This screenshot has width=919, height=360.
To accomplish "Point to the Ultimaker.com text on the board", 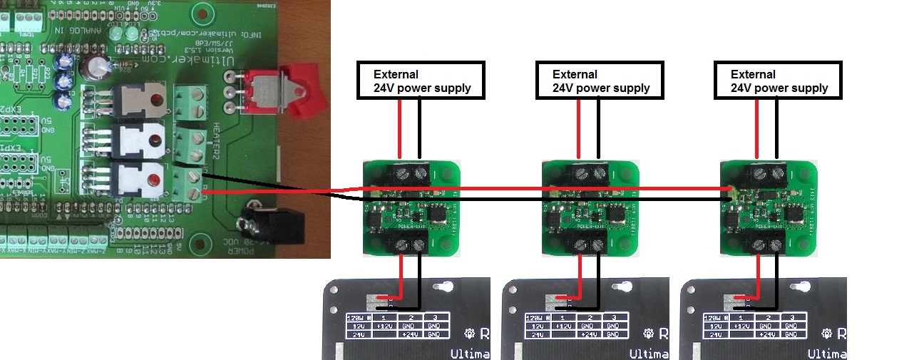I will point(171,61).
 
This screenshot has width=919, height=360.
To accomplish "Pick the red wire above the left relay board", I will point(400,128).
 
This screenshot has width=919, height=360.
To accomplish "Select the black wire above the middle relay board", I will point(598,128).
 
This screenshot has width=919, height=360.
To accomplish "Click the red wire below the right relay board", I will point(757,274).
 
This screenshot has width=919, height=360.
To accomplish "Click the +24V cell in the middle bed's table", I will point(587,334).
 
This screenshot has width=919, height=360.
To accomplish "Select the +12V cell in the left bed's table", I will point(384,325).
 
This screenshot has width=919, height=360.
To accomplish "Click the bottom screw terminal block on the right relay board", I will point(766,245).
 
